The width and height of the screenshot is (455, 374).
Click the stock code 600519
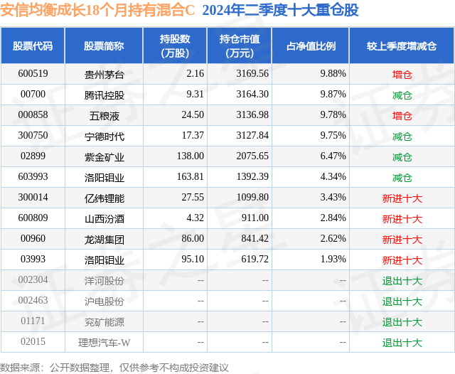[x=33, y=73]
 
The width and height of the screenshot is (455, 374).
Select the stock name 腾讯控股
[x=104, y=94]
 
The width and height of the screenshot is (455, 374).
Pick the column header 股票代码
[x=33, y=46]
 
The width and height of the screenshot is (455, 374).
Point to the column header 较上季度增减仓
[x=402, y=46]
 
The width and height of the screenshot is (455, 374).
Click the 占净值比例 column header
[x=311, y=46]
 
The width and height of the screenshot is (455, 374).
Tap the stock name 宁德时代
[x=104, y=136]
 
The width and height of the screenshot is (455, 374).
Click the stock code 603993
[x=33, y=177]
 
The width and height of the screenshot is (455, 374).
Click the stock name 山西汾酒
[x=104, y=219]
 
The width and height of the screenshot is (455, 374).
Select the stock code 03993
[x=33, y=260]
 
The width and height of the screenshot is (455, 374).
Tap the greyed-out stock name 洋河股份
[x=104, y=281]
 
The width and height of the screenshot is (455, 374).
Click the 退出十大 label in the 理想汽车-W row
[x=402, y=343]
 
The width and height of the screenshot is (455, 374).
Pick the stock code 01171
[x=33, y=322]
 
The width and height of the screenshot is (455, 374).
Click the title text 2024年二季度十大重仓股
[x=280, y=11]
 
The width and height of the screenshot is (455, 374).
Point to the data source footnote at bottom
[x=114, y=367]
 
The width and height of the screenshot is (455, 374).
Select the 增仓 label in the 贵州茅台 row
[x=402, y=73]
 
